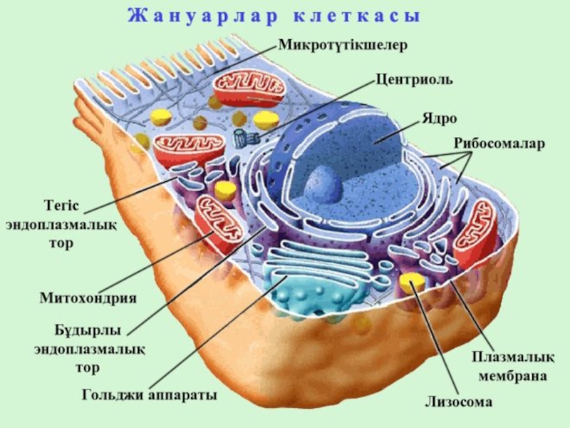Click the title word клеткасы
[x=357, y=16]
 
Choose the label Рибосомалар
[x=499, y=143]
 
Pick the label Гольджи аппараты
[x=149, y=394]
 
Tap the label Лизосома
[x=459, y=402]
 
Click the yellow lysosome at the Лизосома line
[x=411, y=283]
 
